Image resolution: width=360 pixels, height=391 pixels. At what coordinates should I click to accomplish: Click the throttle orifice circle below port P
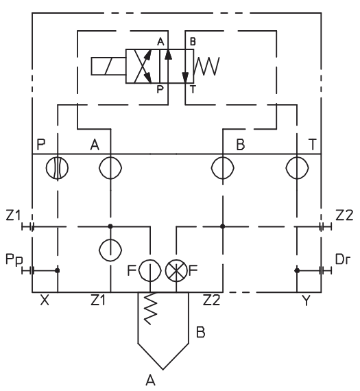click(x=58, y=168)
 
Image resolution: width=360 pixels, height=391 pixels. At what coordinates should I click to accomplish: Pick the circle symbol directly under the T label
click(x=296, y=168)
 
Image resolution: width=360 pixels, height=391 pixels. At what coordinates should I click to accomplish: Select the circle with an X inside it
click(x=176, y=270)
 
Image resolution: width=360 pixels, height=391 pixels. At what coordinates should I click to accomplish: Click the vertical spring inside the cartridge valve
click(x=151, y=307)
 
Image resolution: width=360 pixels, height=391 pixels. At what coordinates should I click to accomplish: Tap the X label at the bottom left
click(x=44, y=300)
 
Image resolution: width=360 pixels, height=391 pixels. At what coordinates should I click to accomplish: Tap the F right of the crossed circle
click(x=193, y=270)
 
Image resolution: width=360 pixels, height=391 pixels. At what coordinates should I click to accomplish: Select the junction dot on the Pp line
click(x=58, y=270)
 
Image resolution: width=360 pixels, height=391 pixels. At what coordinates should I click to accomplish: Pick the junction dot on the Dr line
click(x=296, y=270)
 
